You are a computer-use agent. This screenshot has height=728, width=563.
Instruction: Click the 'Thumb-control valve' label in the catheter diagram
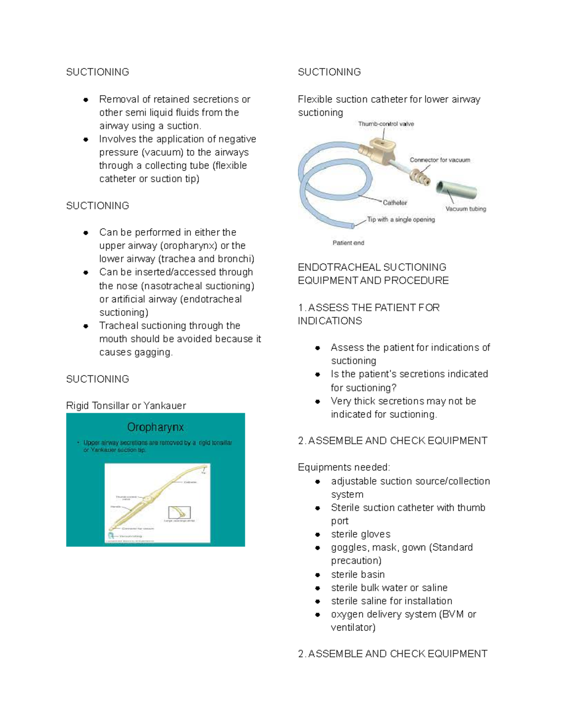(x=386, y=124)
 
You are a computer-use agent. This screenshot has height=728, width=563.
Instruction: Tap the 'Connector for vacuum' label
(x=440, y=160)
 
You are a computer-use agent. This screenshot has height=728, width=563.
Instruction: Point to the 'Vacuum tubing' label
(x=465, y=209)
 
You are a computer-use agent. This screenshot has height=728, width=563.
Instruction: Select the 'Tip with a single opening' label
(x=401, y=219)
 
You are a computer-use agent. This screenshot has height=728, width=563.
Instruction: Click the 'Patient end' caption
(x=348, y=243)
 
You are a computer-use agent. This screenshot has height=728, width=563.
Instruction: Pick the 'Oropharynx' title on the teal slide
(x=155, y=427)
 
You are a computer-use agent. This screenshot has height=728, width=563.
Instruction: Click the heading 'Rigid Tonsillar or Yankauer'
(x=126, y=405)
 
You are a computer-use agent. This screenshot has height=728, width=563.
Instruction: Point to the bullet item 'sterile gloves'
(x=360, y=534)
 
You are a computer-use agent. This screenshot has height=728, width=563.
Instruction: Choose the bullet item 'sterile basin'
(x=358, y=574)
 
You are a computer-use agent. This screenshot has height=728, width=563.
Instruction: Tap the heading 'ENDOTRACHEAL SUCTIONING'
(x=372, y=267)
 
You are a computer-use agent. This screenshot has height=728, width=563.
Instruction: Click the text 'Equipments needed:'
(x=343, y=467)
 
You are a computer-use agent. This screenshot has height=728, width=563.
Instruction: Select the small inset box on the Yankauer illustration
(x=179, y=512)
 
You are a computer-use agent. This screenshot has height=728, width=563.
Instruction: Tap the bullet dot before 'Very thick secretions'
(x=318, y=401)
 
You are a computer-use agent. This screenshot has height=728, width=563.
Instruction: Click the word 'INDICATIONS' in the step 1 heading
(x=330, y=321)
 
